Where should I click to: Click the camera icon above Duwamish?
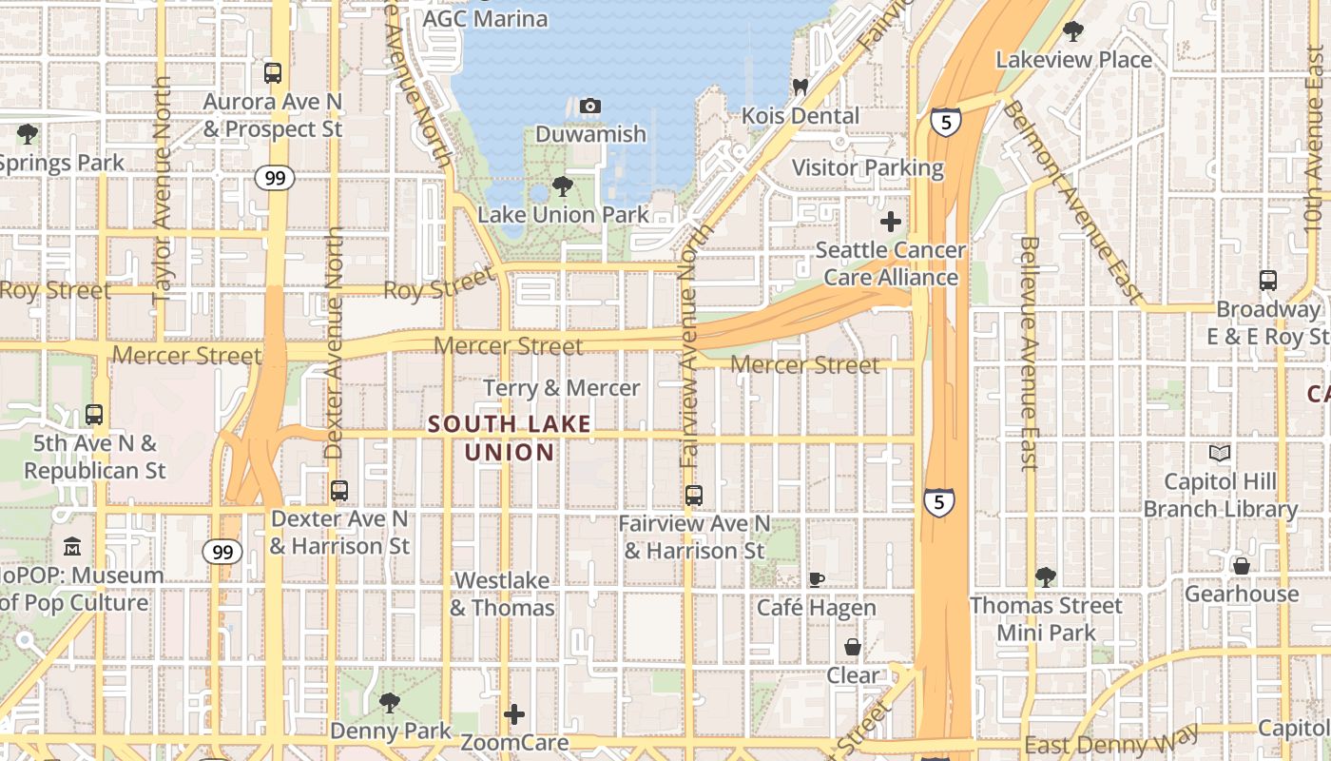pyautogui.click(x=590, y=106)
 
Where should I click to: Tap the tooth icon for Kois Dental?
pyautogui.click(x=800, y=87)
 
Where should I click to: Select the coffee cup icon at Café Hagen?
pyautogui.click(x=816, y=578)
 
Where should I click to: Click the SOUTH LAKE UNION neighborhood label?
pyautogui.click(x=510, y=438)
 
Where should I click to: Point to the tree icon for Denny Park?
pyautogui.click(x=389, y=702)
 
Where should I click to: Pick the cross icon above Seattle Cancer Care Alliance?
pyautogui.click(x=891, y=222)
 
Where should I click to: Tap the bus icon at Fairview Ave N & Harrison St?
pyautogui.click(x=694, y=495)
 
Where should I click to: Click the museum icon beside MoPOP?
pyautogui.click(x=72, y=547)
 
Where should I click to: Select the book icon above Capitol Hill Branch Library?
pyautogui.click(x=1220, y=453)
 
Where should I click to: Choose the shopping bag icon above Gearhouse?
pyautogui.click(x=1242, y=566)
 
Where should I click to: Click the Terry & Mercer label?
pyautogui.click(x=562, y=388)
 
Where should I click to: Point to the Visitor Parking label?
pyautogui.click(x=868, y=168)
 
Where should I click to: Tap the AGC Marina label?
pyautogui.click(x=485, y=19)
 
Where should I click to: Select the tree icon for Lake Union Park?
pyautogui.click(x=563, y=185)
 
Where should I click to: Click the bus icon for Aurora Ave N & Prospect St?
pyautogui.click(x=273, y=72)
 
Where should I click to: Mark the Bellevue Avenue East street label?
pyautogui.click(x=1029, y=352)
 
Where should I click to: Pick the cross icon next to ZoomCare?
pyautogui.click(x=514, y=713)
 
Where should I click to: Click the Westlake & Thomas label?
pyautogui.click(x=502, y=594)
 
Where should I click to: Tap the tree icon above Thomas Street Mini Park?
pyautogui.click(x=1046, y=576)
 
